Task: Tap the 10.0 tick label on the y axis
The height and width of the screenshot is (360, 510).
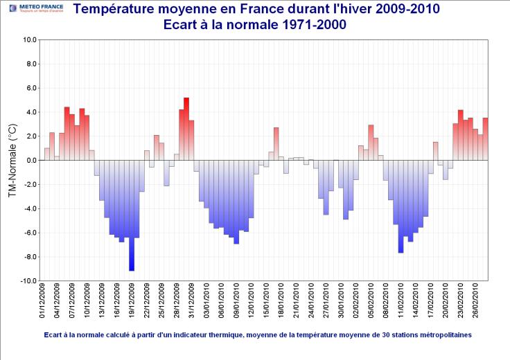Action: pyautogui.click(x=29, y=39)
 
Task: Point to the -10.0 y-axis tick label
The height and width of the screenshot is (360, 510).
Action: pyautogui.click(x=28, y=281)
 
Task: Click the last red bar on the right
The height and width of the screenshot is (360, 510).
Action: pyautogui.click(x=486, y=139)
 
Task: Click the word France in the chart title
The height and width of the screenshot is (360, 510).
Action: pyautogui.click(x=271, y=10)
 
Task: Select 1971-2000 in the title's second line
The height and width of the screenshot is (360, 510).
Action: pyautogui.click(x=310, y=25)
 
